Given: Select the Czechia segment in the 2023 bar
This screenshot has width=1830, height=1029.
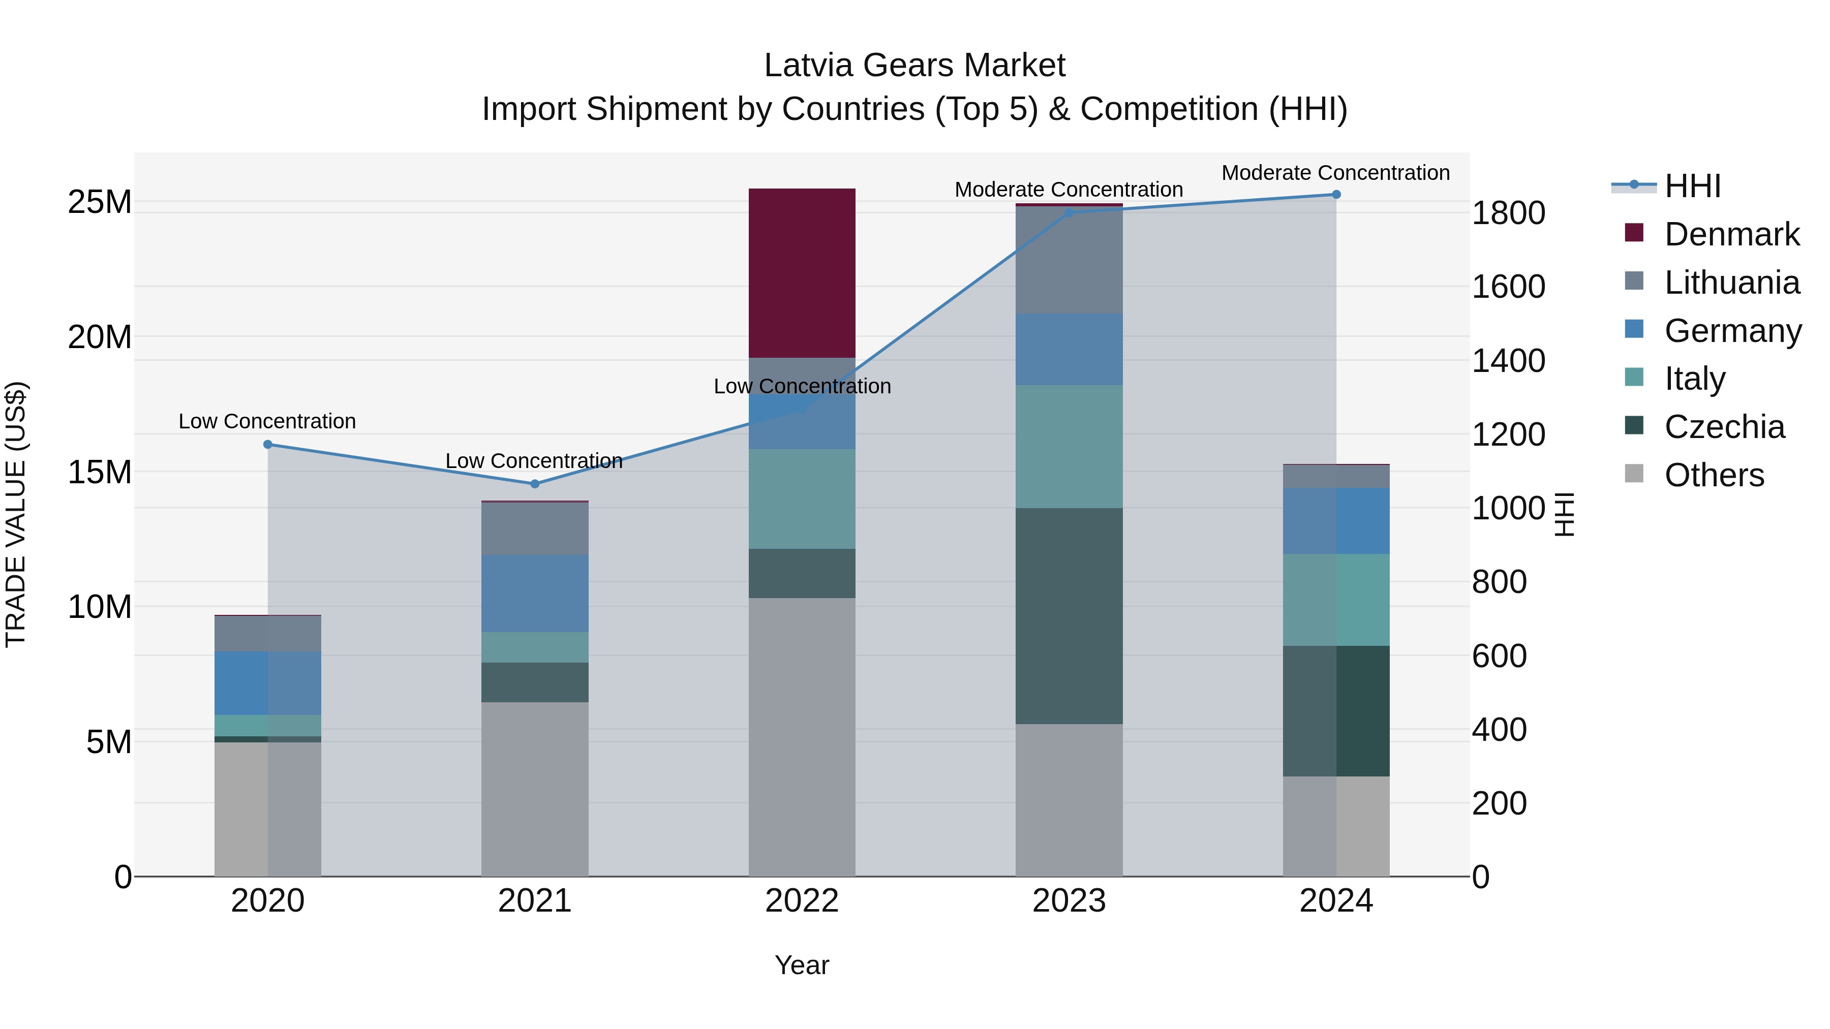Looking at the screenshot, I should click(x=1069, y=616).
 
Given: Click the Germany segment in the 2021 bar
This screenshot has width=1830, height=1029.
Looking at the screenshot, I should click(x=534, y=593).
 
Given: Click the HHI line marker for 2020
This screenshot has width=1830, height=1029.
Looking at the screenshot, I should click(x=268, y=445).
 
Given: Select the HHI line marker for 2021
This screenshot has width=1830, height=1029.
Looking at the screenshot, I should click(x=535, y=484).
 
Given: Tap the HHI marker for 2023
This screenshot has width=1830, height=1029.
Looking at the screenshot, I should click(x=1069, y=212).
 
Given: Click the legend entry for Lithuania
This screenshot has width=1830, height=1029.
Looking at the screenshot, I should click(x=1731, y=283).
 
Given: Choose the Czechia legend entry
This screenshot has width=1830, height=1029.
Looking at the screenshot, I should click(x=1724, y=427).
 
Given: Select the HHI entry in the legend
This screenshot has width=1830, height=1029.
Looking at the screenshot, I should click(x=1692, y=186).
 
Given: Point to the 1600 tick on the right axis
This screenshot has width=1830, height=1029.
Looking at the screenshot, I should click(x=1508, y=287).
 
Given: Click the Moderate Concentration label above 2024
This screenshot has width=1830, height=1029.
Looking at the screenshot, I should click(x=1335, y=173).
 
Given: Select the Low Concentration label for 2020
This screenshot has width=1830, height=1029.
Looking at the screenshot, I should click(x=267, y=421).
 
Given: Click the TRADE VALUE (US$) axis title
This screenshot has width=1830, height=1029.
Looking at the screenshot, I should click(x=16, y=514).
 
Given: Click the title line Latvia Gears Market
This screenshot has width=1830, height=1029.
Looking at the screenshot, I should click(x=914, y=66).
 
